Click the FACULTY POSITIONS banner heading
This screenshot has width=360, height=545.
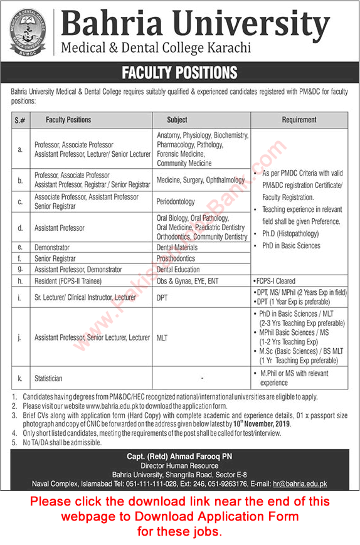[179, 73]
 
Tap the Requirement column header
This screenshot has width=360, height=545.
[299, 120]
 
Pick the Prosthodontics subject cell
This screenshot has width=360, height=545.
[177, 258]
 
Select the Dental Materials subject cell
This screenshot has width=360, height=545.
[179, 248]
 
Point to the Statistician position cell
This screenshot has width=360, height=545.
[53, 378]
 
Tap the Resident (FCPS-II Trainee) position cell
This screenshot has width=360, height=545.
[68, 281]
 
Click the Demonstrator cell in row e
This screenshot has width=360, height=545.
[52, 248]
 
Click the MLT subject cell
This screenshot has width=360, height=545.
[162, 337]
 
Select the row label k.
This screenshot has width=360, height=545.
[21, 378]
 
